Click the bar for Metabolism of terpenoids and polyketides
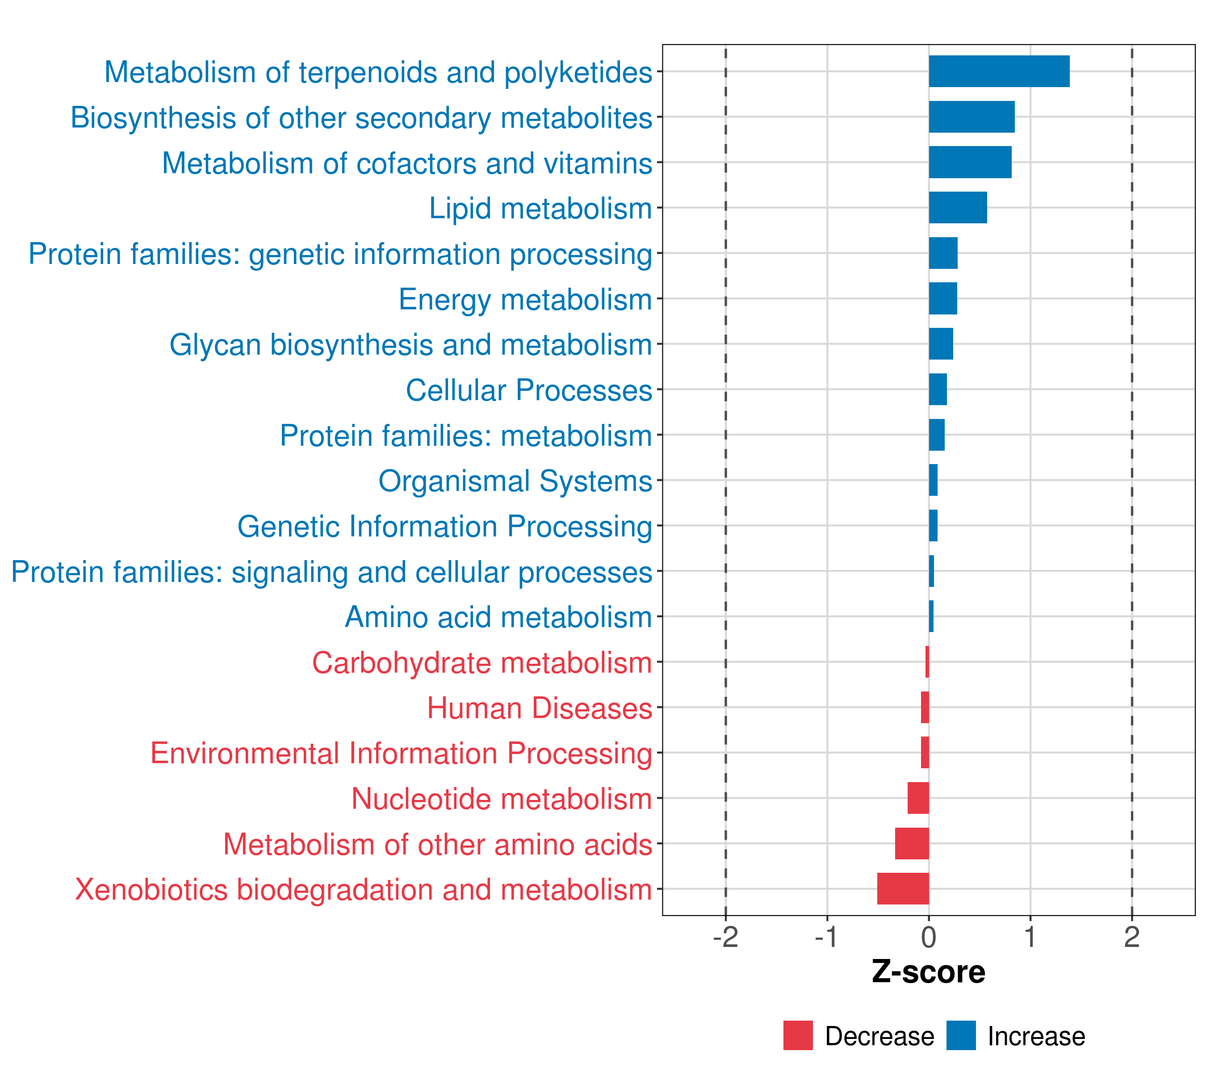coord(998,71)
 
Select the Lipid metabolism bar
coord(957,208)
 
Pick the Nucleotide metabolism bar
coord(917,798)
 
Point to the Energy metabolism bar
coord(942,298)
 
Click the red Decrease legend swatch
coord(798,1035)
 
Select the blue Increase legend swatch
coord(960,1035)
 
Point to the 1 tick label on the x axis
coord(1030,938)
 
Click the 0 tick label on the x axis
coord(928,938)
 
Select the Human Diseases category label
coord(539,708)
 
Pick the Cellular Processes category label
coord(529,390)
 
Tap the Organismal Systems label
coord(515,481)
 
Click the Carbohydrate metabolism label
coord(482,662)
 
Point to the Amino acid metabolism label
coord(498,617)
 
